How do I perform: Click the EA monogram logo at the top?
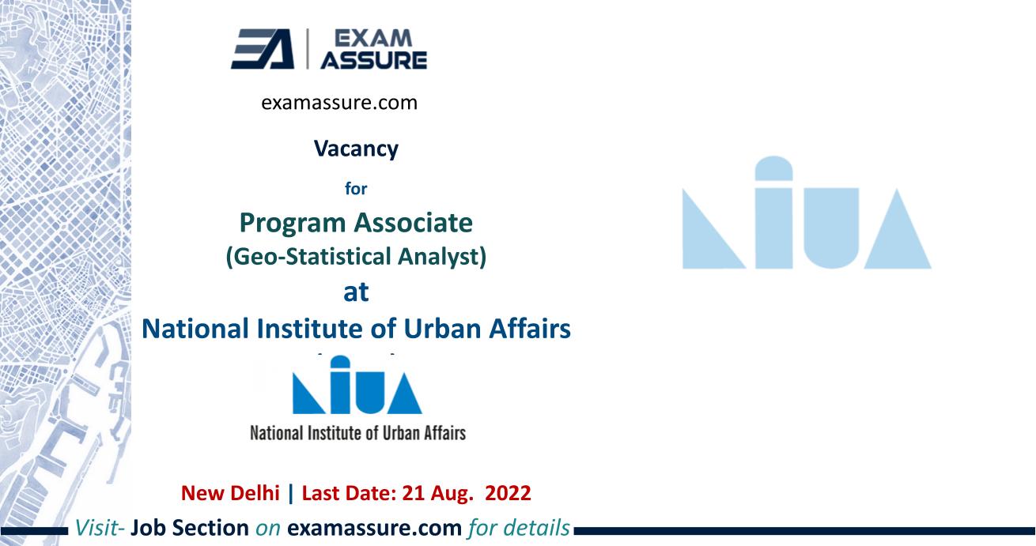(263, 49)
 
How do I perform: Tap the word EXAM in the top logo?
(372, 39)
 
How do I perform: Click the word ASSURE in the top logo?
(374, 60)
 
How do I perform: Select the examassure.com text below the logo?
(339, 102)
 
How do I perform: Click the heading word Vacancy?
(356, 149)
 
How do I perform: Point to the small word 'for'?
(356, 189)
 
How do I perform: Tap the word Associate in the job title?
(413, 223)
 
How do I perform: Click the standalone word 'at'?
(356, 292)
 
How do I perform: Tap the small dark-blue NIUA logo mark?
(357, 385)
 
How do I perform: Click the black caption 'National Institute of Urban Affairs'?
(357, 433)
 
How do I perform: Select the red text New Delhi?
(230, 493)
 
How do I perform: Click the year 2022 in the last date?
(508, 493)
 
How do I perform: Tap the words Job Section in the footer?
(190, 528)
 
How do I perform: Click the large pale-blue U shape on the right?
(831, 228)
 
